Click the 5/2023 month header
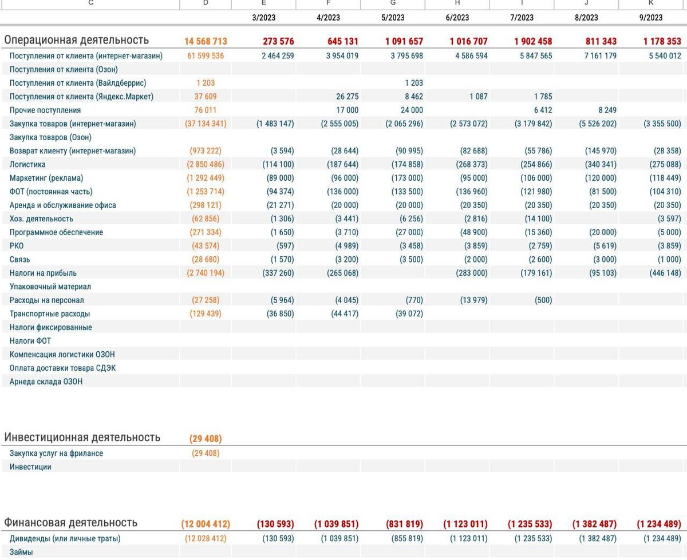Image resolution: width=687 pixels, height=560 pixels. click(x=393, y=17)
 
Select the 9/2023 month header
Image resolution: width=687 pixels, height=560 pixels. click(x=651, y=17)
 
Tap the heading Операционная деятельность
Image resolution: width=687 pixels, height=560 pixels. click(x=76, y=40)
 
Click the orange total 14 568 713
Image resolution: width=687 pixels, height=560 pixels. click(x=206, y=41)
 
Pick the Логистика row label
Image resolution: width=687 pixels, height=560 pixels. click(x=27, y=164)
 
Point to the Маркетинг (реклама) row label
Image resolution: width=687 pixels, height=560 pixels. click(x=46, y=178)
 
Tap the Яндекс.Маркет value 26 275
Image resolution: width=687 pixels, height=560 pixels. click(x=344, y=97)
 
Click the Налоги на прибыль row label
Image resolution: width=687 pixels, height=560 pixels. click(x=43, y=273)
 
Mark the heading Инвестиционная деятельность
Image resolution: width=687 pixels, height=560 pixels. click(x=82, y=438)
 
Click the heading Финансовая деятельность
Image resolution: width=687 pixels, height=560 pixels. click(x=70, y=523)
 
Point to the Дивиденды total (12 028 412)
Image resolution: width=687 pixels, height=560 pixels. click(x=206, y=538)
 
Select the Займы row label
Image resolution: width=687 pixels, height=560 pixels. click(x=21, y=552)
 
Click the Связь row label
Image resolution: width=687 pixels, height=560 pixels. click(x=20, y=259)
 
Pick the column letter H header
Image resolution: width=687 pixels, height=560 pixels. click(x=457, y=3)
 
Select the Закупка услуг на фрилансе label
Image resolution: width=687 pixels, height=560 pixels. click(x=56, y=453)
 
